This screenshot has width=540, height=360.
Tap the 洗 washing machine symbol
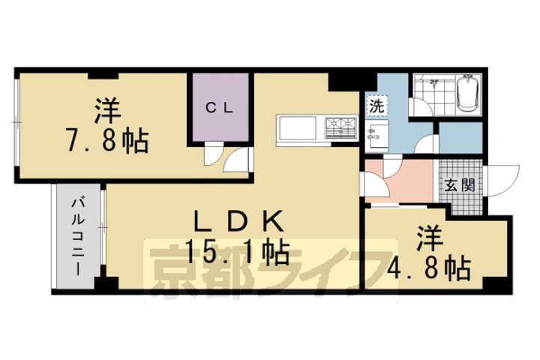point(376,106)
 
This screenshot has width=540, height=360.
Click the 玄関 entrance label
point(460,185)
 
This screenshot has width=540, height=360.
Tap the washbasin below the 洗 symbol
point(375,135)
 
